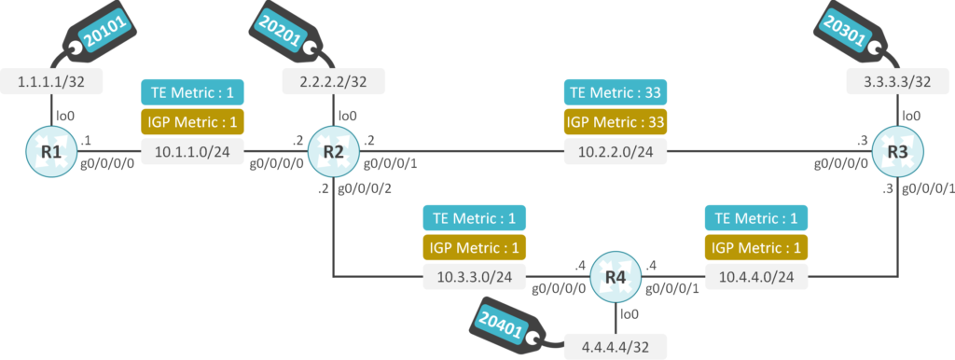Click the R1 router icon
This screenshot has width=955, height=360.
(51, 152)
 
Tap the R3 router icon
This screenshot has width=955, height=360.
(897, 152)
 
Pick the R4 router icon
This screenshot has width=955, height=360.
(616, 277)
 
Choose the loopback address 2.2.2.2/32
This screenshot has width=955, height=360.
(333, 81)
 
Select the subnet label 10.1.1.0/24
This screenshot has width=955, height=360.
(192, 152)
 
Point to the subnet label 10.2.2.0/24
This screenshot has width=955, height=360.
(616, 152)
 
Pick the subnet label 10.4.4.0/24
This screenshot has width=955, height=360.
(756, 277)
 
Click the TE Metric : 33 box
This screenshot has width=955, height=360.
(616, 93)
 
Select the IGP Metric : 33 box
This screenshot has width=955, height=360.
(616, 121)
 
